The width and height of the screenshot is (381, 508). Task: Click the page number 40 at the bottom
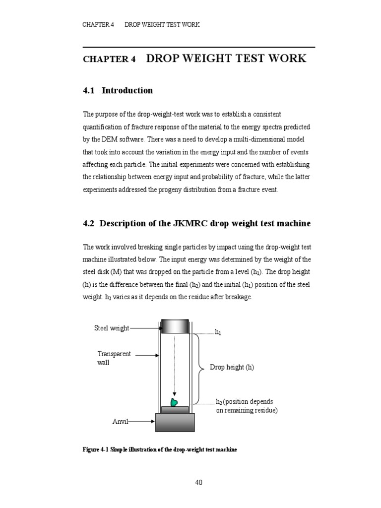[198, 482]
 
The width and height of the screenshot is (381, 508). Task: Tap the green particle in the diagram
[174, 402]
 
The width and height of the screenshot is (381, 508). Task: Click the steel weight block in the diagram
[175, 326]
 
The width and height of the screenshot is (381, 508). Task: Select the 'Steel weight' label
[112, 328]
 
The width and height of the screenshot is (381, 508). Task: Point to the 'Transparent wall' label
[114, 358]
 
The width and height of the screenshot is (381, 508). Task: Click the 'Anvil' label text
[120, 422]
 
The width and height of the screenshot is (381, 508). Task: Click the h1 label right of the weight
[218, 331]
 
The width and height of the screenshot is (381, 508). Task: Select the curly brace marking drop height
[200, 368]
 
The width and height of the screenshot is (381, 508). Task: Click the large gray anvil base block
[175, 422]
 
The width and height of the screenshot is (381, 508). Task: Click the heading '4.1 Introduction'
[118, 90]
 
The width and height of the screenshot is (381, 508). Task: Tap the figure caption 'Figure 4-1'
[96, 449]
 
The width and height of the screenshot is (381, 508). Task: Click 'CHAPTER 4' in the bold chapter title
[109, 59]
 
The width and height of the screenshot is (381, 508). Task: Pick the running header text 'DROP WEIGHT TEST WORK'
[162, 24]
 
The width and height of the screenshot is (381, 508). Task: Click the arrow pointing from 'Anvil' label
[142, 422]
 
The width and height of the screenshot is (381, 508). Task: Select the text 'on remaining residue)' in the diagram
[247, 411]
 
